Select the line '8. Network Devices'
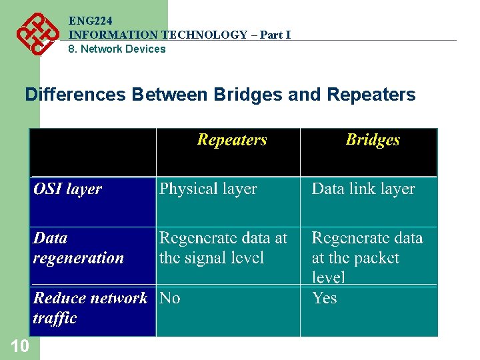[117, 49]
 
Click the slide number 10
[19, 345]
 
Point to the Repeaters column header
[231, 140]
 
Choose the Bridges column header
[373, 140]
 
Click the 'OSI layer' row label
[67, 189]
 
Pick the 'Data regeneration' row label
[79, 248]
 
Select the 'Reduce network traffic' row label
[90, 308]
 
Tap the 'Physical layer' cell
[208, 189]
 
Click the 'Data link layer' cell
[363, 189]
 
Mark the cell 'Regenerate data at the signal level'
[223, 248]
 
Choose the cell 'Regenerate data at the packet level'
[367, 257]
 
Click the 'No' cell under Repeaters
[170, 299]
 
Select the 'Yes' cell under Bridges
[325, 299]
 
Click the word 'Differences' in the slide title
[75, 95]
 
